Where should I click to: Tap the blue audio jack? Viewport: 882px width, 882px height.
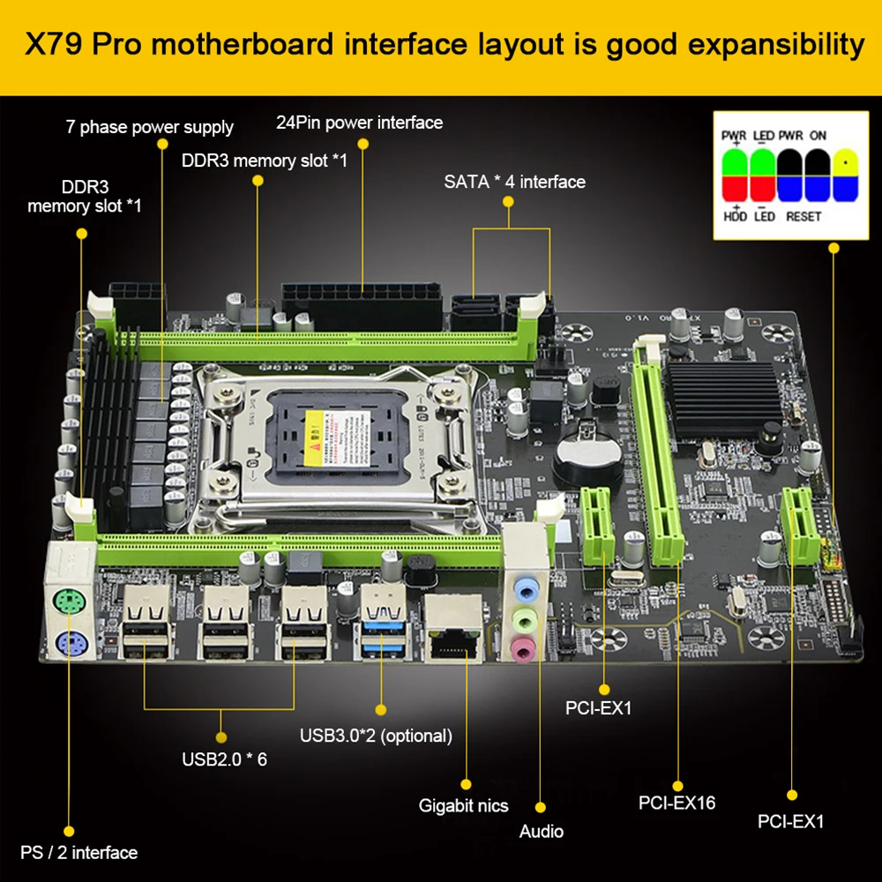pos(526,584)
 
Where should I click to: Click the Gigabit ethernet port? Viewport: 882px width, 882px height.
pos(452,629)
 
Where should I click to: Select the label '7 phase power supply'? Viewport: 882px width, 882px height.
pos(149,127)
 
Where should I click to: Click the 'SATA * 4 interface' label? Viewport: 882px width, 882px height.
pos(514,182)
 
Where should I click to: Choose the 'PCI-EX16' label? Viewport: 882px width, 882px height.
pos(676,803)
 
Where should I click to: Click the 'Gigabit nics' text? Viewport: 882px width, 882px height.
pos(463,805)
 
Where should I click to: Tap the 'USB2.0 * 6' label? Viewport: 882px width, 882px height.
pos(224,759)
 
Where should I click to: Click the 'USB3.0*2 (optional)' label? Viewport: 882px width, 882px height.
pos(376,736)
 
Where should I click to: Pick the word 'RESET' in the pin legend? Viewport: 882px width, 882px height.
pos(804,216)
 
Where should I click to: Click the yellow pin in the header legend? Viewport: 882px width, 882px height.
pos(846,163)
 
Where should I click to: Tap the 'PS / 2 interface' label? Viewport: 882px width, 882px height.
pos(78,852)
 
